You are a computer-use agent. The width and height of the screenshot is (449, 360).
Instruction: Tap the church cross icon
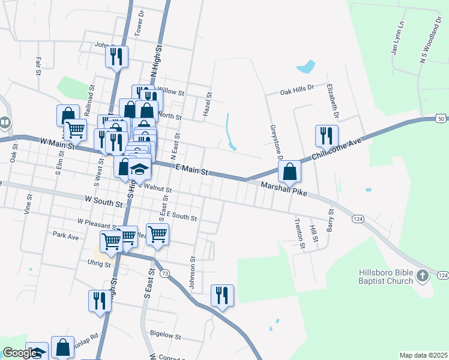click(423, 276)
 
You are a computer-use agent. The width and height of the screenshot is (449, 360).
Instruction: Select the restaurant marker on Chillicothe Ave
click(327, 135)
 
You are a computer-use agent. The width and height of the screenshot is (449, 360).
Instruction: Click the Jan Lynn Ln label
click(397, 39)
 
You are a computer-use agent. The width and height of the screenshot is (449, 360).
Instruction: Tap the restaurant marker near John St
click(116, 56)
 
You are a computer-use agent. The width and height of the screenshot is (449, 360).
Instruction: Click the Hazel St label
click(209, 104)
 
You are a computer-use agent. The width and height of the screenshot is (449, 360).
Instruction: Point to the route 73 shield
click(165, 273)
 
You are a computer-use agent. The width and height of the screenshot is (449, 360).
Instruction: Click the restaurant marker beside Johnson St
click(222, 295)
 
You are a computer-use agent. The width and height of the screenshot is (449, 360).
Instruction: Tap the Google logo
click(20, 353)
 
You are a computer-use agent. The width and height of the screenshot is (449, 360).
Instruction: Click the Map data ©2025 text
click(423, 355)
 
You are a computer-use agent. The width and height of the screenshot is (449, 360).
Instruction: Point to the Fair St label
click(38, 62)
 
